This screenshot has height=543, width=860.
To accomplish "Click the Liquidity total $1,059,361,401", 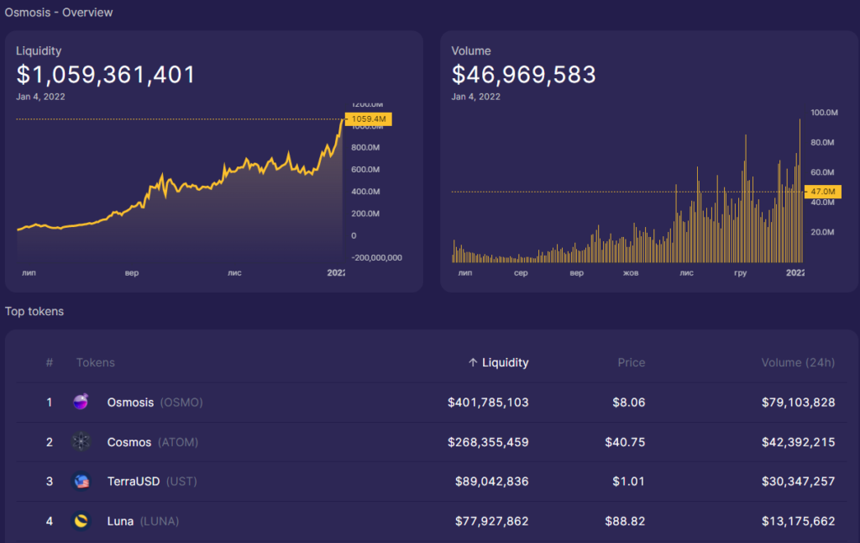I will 106,75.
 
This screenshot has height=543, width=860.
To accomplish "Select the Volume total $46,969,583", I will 523,75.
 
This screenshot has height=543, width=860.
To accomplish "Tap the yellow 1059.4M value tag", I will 369,119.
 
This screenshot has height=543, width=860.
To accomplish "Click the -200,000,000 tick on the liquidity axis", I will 376,257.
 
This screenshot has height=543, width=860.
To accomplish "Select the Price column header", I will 631,362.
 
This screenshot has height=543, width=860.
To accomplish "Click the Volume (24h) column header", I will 798,362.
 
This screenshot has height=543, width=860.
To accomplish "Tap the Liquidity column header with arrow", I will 498,362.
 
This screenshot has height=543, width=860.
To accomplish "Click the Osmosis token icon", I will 81,403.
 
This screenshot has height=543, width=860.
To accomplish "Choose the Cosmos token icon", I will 81,441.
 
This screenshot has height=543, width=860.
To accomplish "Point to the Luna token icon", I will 81,521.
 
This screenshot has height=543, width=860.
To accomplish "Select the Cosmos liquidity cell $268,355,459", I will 488,441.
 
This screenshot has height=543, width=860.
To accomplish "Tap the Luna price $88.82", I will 625,521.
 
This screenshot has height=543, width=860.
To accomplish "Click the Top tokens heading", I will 34,311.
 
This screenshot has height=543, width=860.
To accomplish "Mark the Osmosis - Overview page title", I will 59,13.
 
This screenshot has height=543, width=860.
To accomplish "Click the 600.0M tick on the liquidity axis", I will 364,170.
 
